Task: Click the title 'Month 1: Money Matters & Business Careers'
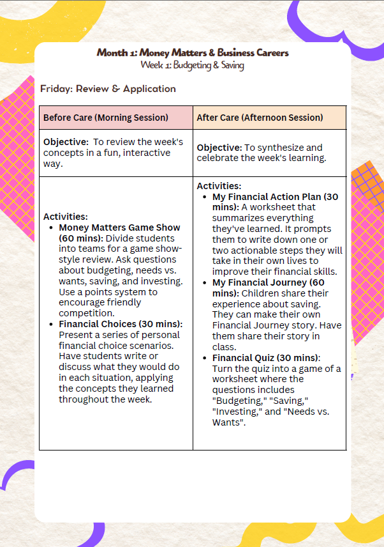192,52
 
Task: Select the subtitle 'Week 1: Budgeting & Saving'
192,65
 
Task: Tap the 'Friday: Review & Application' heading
108,89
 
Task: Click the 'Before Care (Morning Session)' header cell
106,118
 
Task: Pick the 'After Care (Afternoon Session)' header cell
260,118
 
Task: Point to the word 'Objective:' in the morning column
64,141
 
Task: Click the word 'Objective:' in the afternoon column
218,148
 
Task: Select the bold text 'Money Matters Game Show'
119,227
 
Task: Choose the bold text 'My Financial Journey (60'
268,282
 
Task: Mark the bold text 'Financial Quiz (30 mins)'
265,358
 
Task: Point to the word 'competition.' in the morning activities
86,313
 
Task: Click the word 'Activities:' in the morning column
65,217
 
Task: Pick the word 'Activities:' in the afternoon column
219,186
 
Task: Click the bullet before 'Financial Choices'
52,324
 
